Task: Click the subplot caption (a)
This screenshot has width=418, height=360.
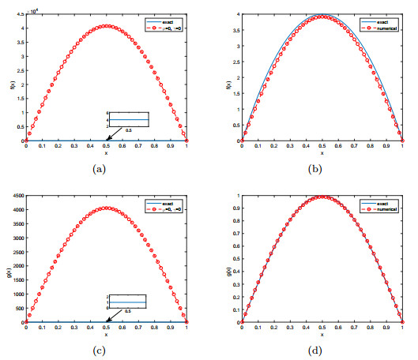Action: (106, 169)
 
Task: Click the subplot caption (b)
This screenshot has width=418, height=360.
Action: (312, 169)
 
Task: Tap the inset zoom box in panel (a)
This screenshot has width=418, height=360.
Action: (129, 120)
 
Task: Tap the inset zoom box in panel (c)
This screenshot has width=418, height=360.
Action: (128, 301)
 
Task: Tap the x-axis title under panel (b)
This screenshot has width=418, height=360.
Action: (312, 152)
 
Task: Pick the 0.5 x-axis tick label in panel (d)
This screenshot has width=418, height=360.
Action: (312, 327)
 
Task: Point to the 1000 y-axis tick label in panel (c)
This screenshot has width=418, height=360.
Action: (16, 294)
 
